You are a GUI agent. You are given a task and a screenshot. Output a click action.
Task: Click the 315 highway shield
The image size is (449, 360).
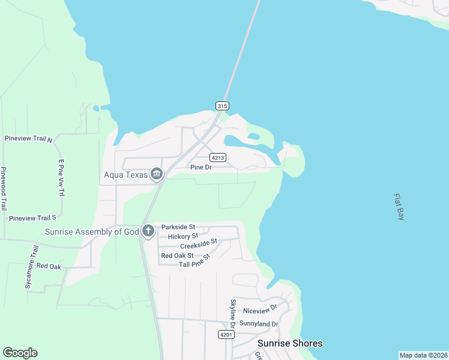coord(222,106)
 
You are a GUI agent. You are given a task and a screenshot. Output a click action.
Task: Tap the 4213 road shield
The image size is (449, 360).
coord(217,158)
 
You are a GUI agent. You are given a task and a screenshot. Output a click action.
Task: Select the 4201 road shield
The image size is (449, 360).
coord(226,335)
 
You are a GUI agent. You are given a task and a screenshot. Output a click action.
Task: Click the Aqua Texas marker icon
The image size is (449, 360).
coord(156,174)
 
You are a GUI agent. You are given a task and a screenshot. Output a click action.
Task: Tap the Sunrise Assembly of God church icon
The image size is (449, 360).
coord(148,231)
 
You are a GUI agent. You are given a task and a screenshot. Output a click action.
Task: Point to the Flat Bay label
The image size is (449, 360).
coord(400,206)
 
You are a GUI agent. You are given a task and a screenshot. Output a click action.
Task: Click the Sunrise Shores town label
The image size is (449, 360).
coord(290,344)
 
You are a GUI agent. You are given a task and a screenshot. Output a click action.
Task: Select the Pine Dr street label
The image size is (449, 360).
coord(200,167)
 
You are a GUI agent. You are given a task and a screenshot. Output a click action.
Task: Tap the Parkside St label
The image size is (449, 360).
coord(178,227)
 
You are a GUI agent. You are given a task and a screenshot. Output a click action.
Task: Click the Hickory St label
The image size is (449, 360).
coord(182,236)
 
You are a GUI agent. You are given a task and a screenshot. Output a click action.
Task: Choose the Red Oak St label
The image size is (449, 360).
coord(177,256)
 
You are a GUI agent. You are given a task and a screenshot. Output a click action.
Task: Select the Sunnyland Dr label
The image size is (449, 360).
coord(259,324)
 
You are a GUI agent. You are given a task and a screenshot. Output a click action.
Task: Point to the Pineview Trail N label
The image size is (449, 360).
coord(29,139)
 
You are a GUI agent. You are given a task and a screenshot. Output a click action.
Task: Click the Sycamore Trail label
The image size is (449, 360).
coord(32,267)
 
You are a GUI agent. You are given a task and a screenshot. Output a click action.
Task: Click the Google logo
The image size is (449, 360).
coord(20,353)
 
